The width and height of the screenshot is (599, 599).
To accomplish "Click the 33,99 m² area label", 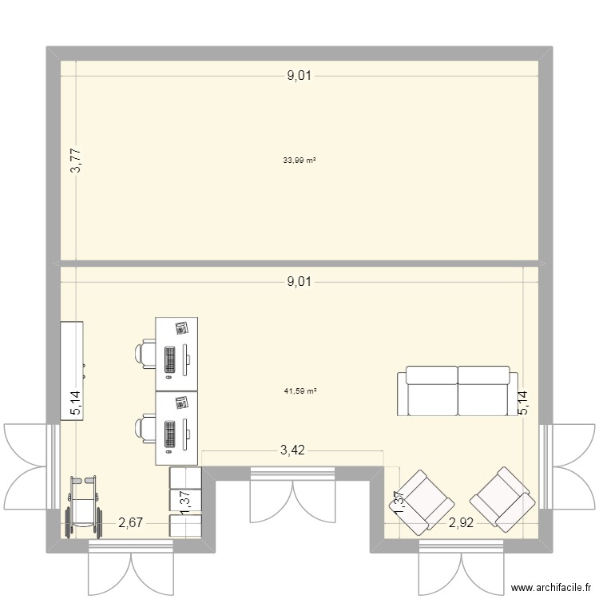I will coord(299,161).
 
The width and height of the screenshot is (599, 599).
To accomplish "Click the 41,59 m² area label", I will coord(300,391).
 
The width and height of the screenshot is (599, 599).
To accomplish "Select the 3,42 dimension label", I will coord(292,451).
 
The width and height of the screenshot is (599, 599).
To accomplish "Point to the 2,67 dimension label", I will coord(131,524).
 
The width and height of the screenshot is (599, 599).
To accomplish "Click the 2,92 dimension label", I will coord(462,524).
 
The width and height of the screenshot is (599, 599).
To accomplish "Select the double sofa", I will coord(458,391).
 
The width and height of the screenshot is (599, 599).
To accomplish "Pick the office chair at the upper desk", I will coord(147,354).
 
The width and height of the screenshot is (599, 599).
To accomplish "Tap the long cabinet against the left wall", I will coord(72,370).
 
